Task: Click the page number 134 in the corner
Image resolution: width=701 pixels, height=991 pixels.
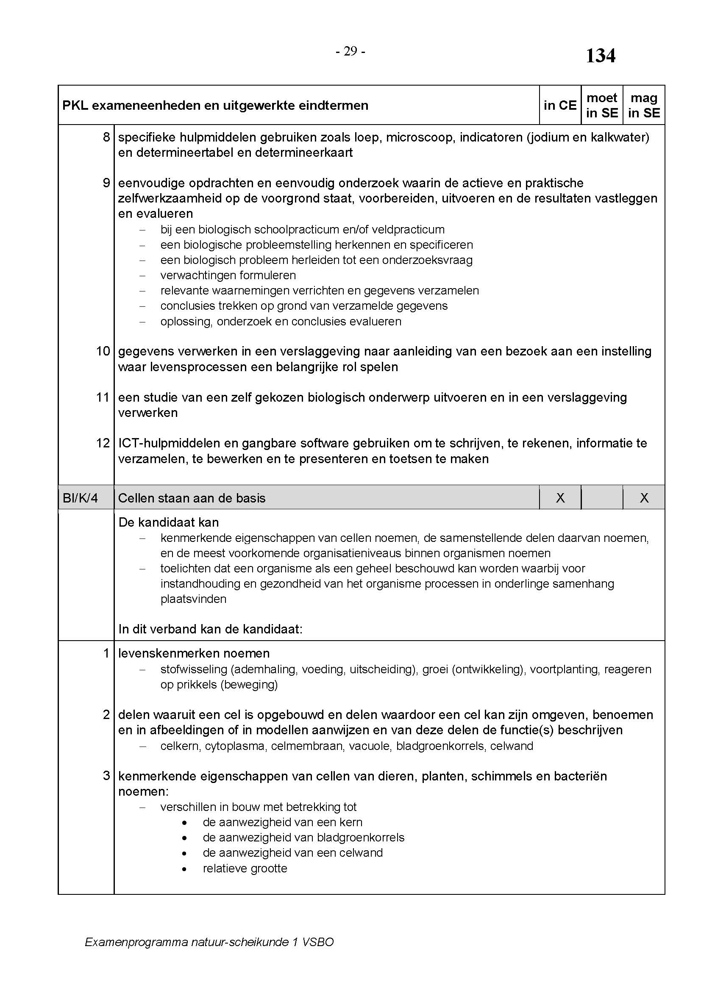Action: tap(600, 56)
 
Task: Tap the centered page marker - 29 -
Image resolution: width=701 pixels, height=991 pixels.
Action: tap(350, 52)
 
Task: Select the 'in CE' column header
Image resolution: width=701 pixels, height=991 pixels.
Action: tap(560, 105)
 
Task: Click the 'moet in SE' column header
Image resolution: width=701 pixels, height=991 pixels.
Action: tap(602, 105)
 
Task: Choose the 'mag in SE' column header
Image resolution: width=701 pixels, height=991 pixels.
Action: tap(644, 105)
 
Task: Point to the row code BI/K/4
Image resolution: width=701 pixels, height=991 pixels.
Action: tap(80, 498)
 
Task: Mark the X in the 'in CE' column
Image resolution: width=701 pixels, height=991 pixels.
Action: tap(560, 498)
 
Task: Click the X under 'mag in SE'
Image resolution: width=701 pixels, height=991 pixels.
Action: tap(644, 498)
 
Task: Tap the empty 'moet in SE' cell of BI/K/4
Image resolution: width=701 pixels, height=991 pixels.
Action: tap(602, 498)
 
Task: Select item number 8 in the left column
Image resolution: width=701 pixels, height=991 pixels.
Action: tap(106, 137)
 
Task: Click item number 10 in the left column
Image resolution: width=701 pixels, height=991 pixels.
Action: tap(103, 351)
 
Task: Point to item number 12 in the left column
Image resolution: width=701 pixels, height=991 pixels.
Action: tap(103, 443)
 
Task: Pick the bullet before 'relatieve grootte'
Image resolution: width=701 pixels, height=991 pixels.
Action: tap(185, 869)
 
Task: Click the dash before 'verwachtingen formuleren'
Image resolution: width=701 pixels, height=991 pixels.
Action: tap(142, 275)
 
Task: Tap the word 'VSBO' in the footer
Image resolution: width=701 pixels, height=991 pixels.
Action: tap(318, 942)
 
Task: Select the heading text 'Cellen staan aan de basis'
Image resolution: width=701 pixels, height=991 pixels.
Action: tap(192, 498)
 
